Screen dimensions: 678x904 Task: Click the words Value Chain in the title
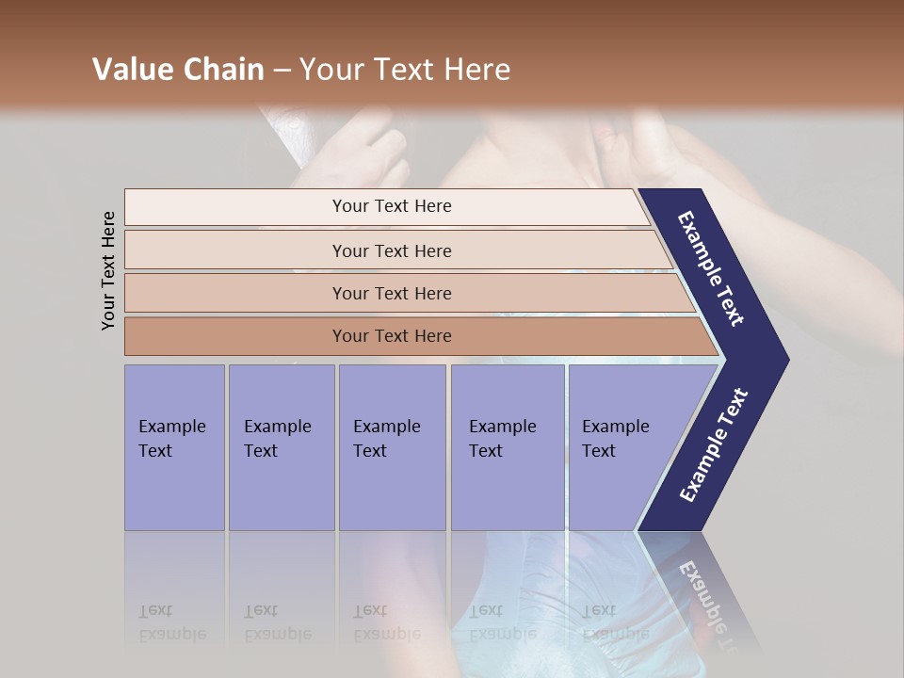178,70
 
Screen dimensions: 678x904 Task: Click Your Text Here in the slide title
405,70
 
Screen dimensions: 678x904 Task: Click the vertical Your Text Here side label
108,271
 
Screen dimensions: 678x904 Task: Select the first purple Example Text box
174,447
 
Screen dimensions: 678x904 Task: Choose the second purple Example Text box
281,447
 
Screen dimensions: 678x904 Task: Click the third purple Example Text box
392,447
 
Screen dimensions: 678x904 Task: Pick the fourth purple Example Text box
508,447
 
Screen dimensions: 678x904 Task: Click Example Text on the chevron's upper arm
711,268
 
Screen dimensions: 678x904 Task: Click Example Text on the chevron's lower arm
714,445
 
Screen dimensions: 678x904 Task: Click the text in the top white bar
392,206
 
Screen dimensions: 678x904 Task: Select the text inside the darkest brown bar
392,336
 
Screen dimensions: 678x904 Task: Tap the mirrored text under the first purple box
171,622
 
